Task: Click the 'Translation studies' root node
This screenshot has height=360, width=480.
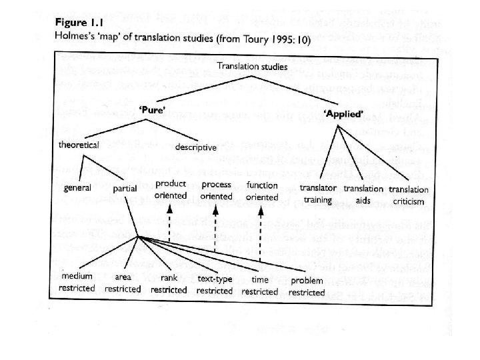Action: [252, 67]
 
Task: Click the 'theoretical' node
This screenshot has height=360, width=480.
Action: [78, 145]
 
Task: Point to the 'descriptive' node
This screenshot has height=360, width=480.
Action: [195, 147]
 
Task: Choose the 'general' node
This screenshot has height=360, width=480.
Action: [77, 189]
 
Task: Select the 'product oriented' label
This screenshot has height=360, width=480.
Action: [170, 190]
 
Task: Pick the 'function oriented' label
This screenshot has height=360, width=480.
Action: [262, 190]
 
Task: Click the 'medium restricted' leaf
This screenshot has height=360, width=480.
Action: [77, 282]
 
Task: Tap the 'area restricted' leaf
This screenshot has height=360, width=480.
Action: [123, 283]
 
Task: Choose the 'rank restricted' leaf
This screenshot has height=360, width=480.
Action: [169, 283]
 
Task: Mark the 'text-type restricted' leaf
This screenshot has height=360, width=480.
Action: [215, 285]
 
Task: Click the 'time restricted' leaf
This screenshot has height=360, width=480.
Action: [259, 285]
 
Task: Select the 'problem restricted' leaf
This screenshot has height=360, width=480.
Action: [307, 286]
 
